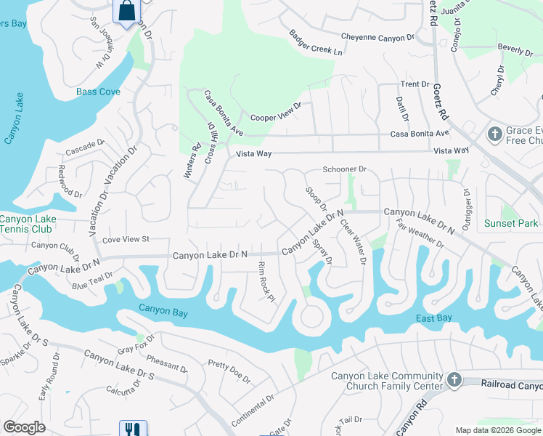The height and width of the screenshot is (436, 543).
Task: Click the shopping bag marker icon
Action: point(127,12)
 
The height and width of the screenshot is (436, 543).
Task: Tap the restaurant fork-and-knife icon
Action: point(132,429)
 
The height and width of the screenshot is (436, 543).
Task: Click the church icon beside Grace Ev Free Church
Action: point(494,134)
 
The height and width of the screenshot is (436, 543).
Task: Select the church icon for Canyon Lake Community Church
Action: point(454,380)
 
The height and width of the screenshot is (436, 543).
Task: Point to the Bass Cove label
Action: point(99,92)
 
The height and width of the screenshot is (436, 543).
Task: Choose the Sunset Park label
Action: point(512,223)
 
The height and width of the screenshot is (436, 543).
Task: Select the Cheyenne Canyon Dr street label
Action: point(377,36)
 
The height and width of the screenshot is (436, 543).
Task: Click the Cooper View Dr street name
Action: point(275,110)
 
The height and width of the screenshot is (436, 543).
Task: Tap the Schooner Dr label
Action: point(345,169)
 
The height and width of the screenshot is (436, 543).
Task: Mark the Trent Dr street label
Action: point(415,84)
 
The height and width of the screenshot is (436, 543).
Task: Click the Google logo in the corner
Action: point(24,427)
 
